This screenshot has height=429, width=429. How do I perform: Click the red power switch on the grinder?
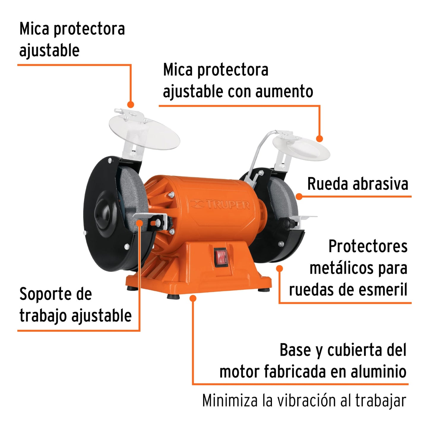(221, 256)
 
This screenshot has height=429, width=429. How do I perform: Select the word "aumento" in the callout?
(284, 91)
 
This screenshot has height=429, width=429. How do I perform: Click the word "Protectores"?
(368, 246)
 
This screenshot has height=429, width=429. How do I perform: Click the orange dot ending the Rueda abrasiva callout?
(299, 196)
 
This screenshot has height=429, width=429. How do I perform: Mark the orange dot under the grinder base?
(193, 298)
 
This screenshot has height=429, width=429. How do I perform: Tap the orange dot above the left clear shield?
(131, 105)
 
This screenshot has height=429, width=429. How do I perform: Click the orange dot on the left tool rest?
(140, 222)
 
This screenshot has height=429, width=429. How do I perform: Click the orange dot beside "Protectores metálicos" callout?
(279, 268)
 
